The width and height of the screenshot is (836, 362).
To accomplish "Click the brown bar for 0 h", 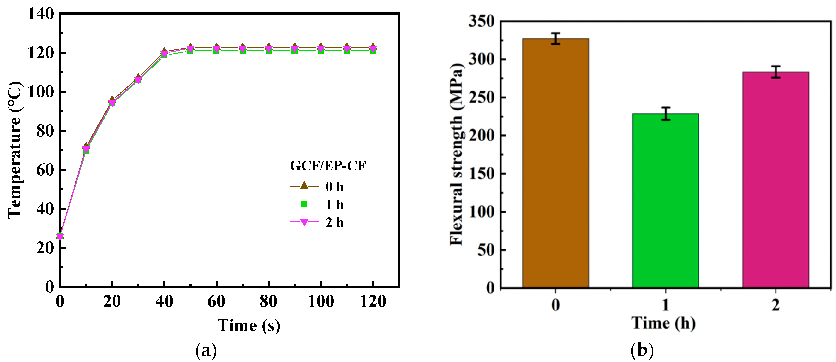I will coord(555,162).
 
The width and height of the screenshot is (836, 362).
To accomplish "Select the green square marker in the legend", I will coord(304,204).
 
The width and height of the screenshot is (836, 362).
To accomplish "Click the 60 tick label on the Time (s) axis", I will coord(216,301).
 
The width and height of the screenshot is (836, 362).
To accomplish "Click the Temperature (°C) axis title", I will coord(15,150).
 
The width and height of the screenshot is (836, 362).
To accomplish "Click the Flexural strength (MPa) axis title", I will coord(457,154).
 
